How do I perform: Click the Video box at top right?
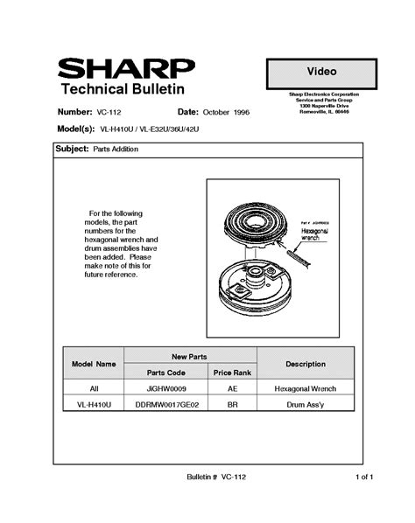coord(322,70)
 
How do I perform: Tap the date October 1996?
coord(226,113)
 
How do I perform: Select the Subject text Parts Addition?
coord(116,150)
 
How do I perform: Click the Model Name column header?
coord(94,363)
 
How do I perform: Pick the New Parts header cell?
coord(190,356)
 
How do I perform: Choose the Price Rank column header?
coord(233,372)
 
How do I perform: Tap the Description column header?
coord(306,363)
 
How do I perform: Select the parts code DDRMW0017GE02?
coord(166,405)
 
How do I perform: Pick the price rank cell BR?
coord(233,405)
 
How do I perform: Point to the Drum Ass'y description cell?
coord(306,405)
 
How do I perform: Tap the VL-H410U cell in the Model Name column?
coord(94,405)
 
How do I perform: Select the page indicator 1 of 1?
coord(364,477)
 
